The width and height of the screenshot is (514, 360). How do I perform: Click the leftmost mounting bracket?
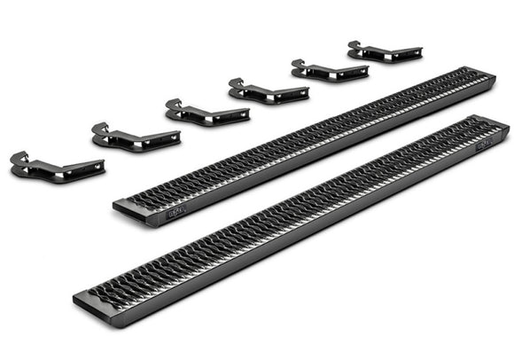pos(56,166)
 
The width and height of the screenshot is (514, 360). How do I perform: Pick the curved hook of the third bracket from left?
pos(173,107)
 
